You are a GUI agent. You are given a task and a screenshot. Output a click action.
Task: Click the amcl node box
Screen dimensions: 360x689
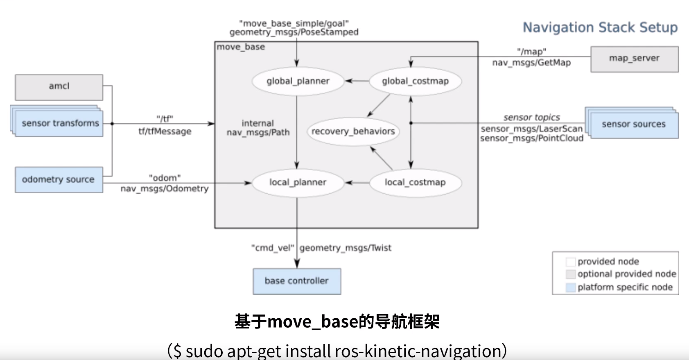(x=59, y=87)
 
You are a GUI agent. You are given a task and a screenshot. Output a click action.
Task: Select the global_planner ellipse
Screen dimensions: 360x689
(x=298, y=81)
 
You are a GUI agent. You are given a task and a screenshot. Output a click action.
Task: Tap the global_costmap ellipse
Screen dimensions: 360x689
(x=415, y=81)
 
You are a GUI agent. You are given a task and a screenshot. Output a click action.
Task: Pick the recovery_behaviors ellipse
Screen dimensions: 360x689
(x=353, y=131)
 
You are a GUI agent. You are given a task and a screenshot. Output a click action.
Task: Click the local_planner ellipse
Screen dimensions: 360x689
(x=298, y=182)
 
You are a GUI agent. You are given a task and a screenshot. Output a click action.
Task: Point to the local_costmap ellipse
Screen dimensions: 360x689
(x=415, y=182)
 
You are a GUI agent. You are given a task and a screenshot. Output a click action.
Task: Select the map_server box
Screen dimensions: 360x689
(x=634, y=59)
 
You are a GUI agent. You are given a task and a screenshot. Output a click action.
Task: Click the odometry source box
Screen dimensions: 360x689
(x=59, y=179)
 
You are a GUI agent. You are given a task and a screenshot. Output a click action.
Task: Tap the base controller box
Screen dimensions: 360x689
(x=296, y=281)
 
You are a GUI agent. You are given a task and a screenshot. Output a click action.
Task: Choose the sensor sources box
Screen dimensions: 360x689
(x=634, y=124)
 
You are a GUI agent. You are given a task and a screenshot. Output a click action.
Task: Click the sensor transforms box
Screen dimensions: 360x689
(x=60, y=123)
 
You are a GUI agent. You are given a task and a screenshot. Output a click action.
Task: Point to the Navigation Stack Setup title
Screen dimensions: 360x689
(x=600, y=27)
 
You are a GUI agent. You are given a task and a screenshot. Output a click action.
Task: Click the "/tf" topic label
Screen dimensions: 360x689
(x=165, y=119)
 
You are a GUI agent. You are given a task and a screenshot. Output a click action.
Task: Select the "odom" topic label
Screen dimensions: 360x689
(x=165, y=178)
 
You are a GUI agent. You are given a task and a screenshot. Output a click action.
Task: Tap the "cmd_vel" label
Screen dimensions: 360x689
(x=272, y=248)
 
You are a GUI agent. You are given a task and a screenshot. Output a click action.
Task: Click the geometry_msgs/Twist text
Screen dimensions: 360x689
(x=346, y=248)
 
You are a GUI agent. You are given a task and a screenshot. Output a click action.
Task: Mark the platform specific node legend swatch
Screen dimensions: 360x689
(x=570, y=287)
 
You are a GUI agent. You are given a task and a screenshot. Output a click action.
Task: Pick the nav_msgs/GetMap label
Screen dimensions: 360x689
(x=531, y=63)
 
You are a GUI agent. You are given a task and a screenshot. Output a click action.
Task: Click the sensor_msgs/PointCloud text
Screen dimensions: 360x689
(x=531, y=138)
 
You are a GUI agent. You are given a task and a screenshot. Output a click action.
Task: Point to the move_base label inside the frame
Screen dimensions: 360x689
(x=241, y=47)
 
